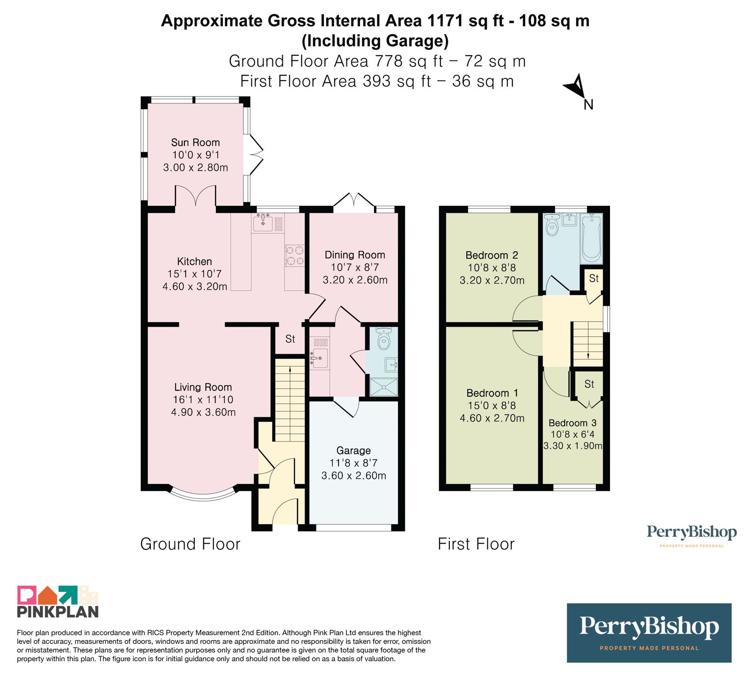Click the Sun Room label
point(195,142)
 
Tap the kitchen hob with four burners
point(294,256)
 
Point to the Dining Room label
point(355,255)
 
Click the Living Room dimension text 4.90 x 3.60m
point(203,412)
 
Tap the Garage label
point(353,450)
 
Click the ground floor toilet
point(384,338)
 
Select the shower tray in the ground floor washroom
point(384,387)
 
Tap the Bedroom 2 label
point(492,255)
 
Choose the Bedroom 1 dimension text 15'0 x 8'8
point(492,406)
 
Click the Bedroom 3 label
point(573,423)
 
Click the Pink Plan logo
point(58,602)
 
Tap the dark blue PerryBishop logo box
point(649,633)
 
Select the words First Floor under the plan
point(476,544)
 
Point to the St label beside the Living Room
point(290,339)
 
